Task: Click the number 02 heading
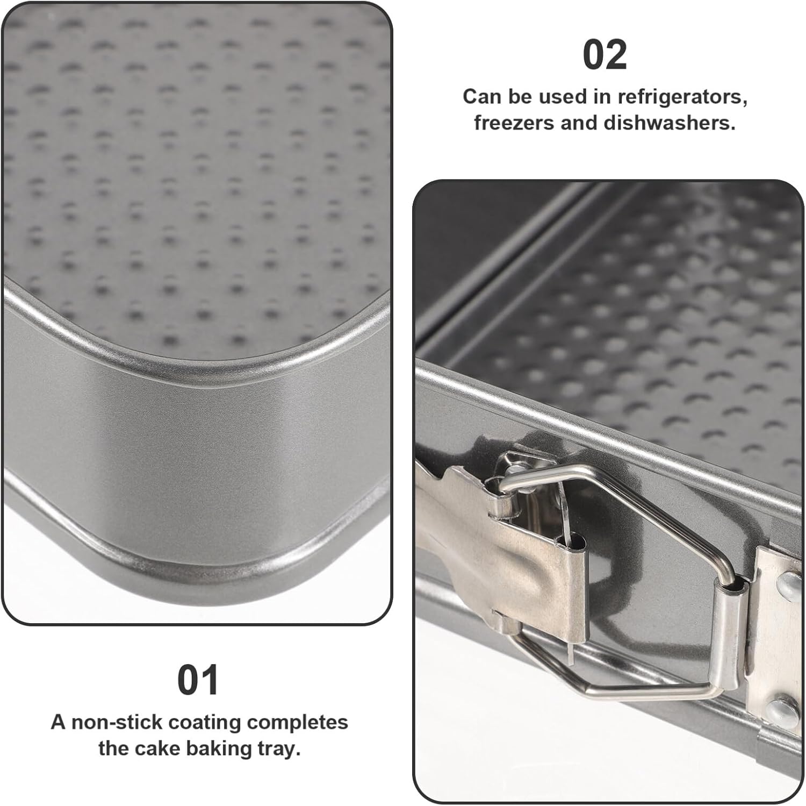pos(604,55)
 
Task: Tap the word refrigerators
pos(682,97)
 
